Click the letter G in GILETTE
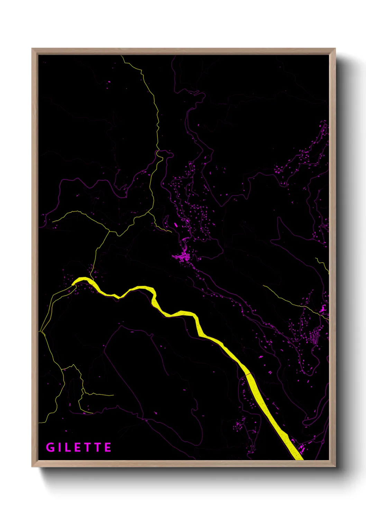pos(51,447)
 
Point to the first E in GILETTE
pos(79,447)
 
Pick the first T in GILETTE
pos(88,447)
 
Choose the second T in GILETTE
pos(98,447)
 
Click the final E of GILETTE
pos(108,447)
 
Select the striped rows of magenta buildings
pos(314,336)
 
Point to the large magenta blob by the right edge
pos(322,309)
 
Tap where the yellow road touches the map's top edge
pos(121,56)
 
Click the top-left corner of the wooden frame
pos(32,49)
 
